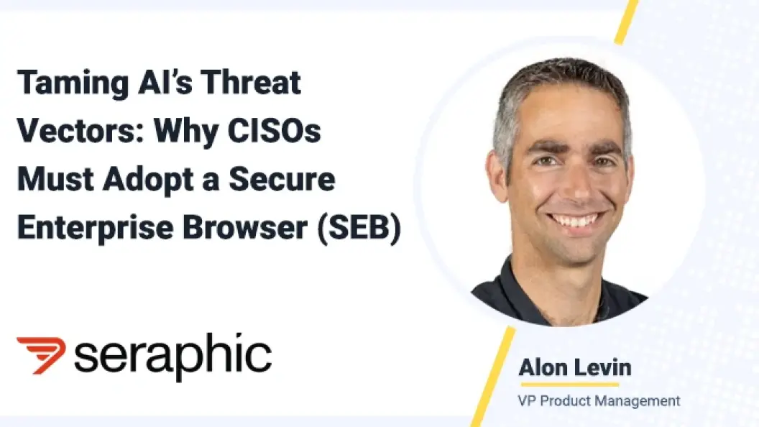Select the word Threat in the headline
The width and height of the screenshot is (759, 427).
[x=251, y=82]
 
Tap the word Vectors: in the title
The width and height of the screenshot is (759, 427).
[x=80, y=130]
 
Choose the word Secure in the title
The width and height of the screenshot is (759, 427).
[x=282, y=179]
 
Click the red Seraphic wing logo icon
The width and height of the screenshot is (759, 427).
[x=41, y=355]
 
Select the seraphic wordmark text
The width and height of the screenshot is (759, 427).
[x=172, y=357]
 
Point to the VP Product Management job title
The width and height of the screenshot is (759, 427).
[x=599, y=401]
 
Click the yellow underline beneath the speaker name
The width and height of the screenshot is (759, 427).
[x=570, y=385]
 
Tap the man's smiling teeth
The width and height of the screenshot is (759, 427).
[x=576, y=220]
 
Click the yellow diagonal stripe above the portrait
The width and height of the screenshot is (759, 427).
[x=627, y=22]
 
